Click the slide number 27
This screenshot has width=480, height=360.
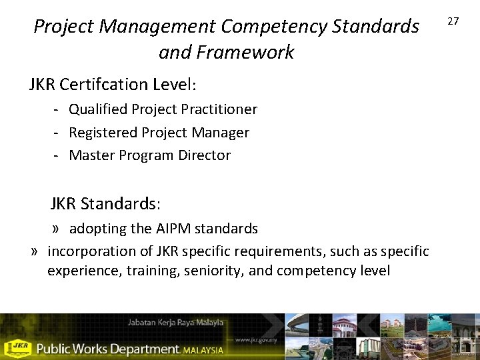click(x=453, y=21)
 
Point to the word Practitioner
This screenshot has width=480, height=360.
click(x=220, y=109)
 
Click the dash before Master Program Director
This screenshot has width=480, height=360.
click(x=58, y=155)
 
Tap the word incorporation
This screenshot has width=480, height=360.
click(x=89, y=251)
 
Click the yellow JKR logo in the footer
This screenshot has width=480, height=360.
click(x=17, y=347)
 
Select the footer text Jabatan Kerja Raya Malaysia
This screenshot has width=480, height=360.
click(x=175, y=323)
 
